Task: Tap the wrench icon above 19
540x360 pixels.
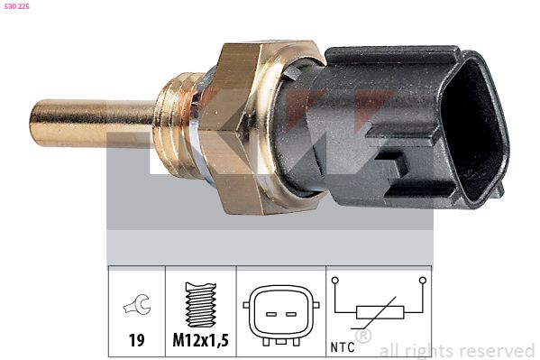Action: coord(137,307)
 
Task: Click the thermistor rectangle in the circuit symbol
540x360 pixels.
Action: coord(378,312)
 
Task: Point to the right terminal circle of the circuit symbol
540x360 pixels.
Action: coord(421,281)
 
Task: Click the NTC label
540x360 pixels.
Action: coord(343,345)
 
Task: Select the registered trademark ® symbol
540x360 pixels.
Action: coord(364,336)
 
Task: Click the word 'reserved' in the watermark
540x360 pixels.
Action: coord(495,351)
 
